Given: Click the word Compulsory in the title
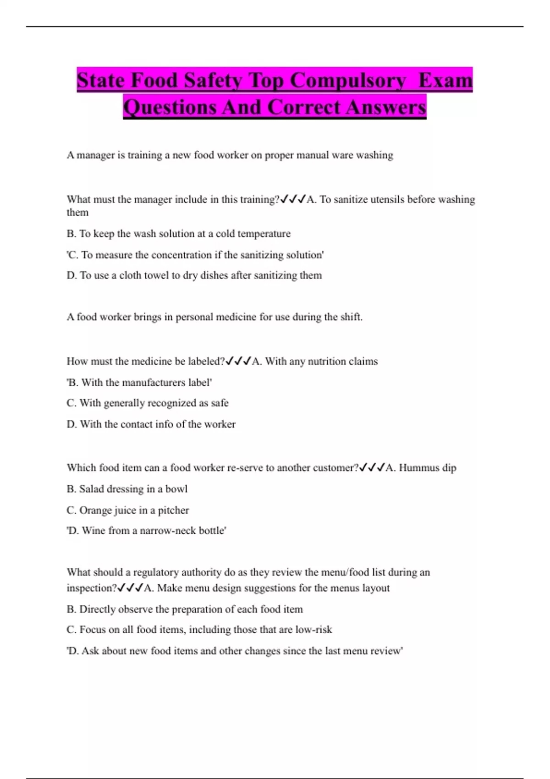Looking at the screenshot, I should [x=348, y=81].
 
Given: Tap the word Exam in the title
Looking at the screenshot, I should [x=445, y=81].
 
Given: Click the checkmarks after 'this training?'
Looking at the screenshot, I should [x=293, y=199].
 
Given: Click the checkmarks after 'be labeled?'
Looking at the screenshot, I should [x=238, y=361].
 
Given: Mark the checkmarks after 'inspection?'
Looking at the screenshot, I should [x=130, y=588].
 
